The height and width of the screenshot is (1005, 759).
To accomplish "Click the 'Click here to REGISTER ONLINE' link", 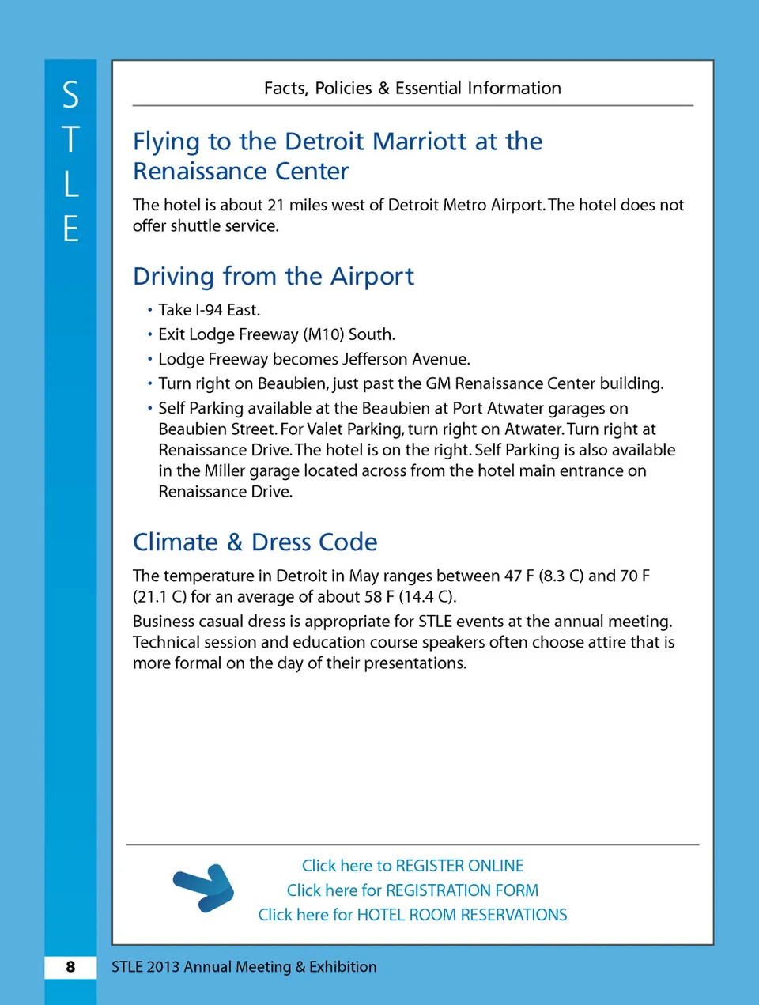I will coord(413,866).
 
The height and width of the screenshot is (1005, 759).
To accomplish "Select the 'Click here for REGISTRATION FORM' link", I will coord(413,890).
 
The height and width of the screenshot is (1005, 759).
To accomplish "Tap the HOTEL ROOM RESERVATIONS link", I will coord(413,915).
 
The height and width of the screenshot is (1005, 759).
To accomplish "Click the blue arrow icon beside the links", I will coord(205,888).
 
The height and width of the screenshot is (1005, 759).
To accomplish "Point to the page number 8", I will coord(70,967).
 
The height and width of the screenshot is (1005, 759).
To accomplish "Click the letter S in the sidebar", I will coord(70,96).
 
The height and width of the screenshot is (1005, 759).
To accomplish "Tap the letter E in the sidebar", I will coord(70,229).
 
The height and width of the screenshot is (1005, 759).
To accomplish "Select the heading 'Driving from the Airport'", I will coord(274,276).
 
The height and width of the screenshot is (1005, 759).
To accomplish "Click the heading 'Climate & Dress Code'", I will coord(255,542).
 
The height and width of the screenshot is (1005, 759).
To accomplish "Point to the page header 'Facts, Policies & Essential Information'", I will coord(413,89).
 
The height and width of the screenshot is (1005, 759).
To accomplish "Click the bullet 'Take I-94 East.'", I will coord(209,310).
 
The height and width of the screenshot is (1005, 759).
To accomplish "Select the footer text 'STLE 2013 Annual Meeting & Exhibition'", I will coord(244,967).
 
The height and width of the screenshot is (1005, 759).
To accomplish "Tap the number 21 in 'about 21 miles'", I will coord(275,205).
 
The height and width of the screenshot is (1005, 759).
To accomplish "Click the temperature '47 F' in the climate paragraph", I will coord(519,576).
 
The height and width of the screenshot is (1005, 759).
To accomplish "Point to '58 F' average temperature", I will coord(379,596).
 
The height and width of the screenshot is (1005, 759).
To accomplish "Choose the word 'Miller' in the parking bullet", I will coord(225,470).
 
